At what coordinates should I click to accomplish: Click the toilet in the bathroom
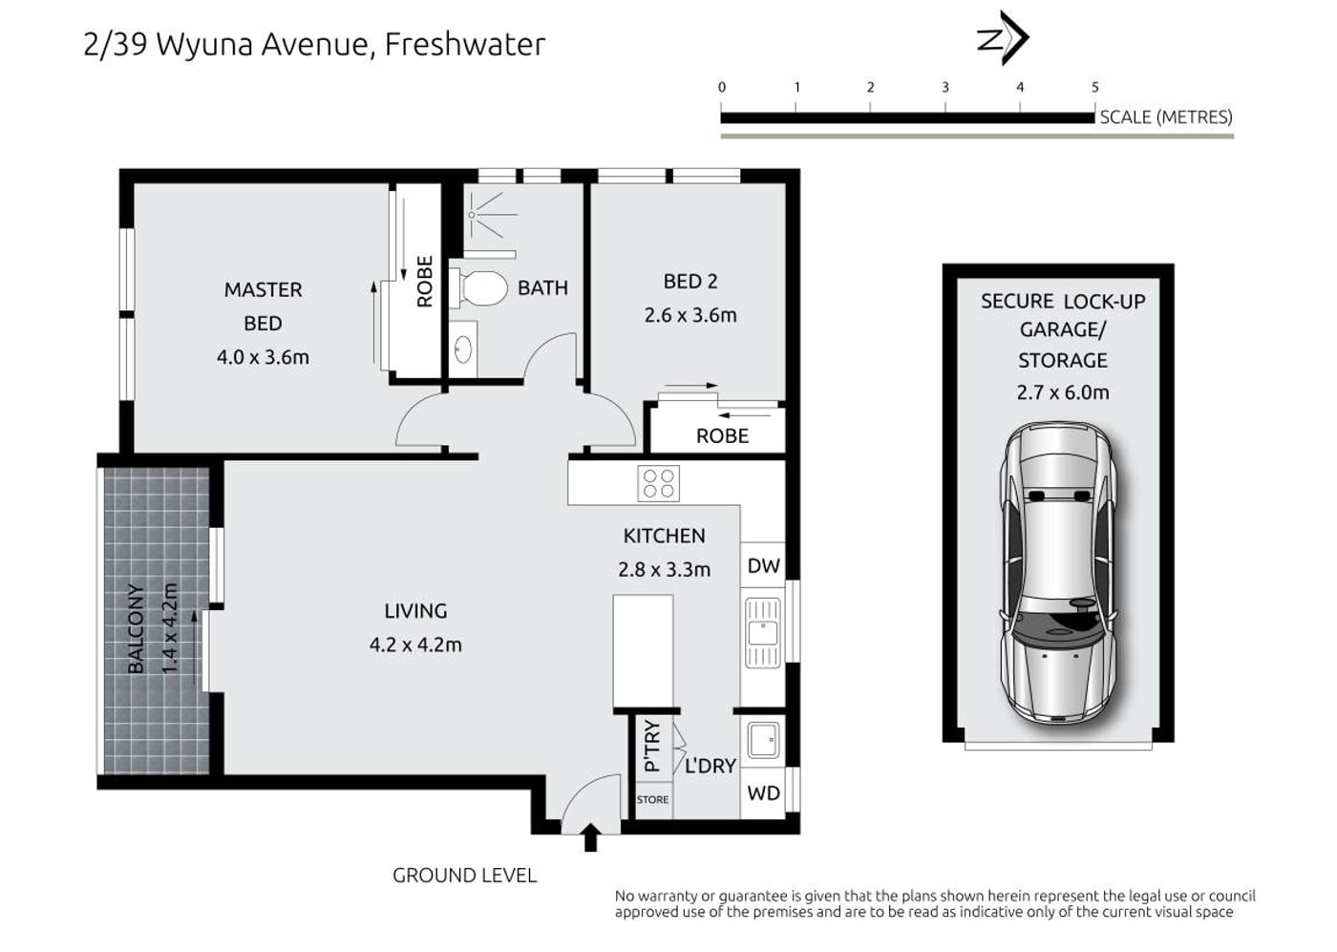(478, 288)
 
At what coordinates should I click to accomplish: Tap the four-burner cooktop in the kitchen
(658, 483)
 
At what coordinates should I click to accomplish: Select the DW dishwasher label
(763, 566)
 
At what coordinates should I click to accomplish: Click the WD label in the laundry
(763, 793)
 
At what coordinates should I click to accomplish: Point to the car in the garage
(1058, 572)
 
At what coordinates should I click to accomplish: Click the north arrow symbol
(1004, 37)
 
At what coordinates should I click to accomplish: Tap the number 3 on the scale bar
(945, 88)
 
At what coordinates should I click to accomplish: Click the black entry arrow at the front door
(590, 836)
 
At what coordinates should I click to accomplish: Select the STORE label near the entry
(652, 800)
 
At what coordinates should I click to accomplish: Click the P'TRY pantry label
(652, 746)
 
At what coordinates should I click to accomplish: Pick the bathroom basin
(463, 349)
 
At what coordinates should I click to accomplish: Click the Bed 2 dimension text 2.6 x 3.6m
(690, 315)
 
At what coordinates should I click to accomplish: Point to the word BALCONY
(136, 628)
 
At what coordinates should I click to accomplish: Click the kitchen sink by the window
(762, 633)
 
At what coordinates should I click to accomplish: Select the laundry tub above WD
(762, 740)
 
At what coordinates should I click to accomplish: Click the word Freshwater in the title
(465, 44)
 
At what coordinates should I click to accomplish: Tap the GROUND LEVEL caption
(464, 876)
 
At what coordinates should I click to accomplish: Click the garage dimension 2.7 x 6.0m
(1063, 392)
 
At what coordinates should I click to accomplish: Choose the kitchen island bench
(644, 651)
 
